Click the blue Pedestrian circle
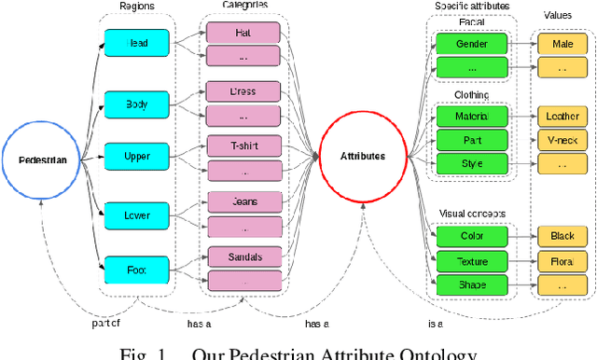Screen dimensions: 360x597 tap(42, 159)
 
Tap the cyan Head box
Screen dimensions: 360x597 tap(137, 42)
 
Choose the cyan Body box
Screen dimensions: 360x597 tap(137, 104)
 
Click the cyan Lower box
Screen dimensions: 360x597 tap(137, 216)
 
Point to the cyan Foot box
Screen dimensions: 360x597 tap(137, 270)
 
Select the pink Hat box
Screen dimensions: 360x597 tap(243, 33)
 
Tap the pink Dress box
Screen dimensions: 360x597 tap(243, 91)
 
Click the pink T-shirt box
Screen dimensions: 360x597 tap(243, 147)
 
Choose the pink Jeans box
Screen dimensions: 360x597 tap(243, 201)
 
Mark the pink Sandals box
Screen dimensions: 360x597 tap(243, 256)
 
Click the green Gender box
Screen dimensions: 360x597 tap(471, 43)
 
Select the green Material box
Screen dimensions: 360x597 tap(471, 116)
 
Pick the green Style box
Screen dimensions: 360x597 tap(471, 163)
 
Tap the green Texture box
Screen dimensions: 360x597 tap(471, 261)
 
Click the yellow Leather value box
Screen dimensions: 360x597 tap(562, 117)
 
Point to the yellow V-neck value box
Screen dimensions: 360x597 tap(562, 140)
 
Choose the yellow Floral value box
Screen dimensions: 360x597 tap(562, 262)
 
